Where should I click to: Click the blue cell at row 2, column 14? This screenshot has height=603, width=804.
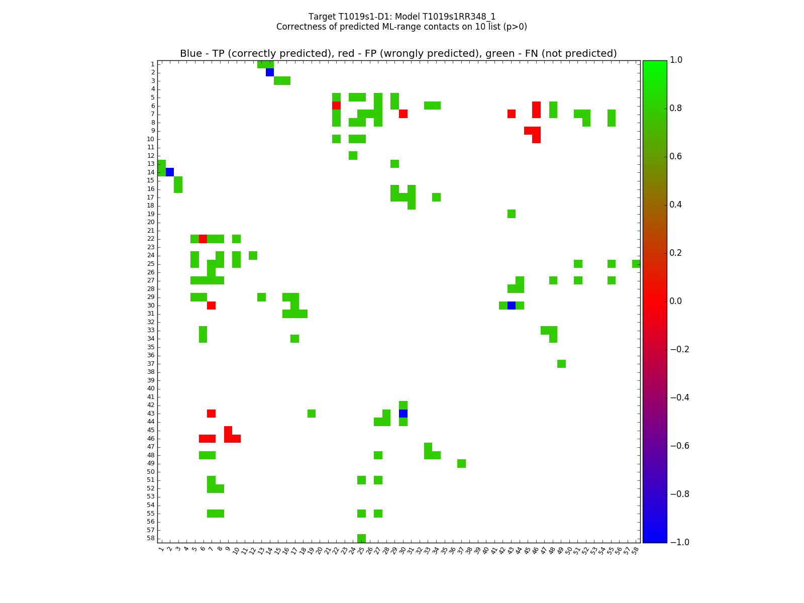[270, 72]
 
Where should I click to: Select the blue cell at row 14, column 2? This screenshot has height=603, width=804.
[170, 172]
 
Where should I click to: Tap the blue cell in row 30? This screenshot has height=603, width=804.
[512, 306]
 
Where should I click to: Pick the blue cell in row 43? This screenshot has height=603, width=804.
[403, 414]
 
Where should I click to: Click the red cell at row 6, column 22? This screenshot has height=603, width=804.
[336, 106]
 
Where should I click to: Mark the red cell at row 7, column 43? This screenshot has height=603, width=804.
[512, 114]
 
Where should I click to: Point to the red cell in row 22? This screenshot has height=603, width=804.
[203, 239]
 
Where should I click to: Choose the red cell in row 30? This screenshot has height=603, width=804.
[212, 306]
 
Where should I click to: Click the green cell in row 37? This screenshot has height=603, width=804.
[561, 364]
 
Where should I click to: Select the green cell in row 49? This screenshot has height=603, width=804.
[461, 463]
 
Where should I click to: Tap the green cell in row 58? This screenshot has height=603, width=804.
[361, 538]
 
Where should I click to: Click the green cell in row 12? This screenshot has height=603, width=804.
[353, 156]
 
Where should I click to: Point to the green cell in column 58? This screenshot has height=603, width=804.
[636, 264]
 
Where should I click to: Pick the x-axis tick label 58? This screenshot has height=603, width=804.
[635, 550]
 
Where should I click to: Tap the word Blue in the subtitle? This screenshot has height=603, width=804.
[191, 54]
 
